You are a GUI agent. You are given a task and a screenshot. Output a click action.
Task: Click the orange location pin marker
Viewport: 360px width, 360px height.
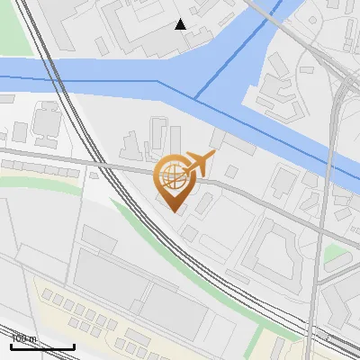(x=172, y=184)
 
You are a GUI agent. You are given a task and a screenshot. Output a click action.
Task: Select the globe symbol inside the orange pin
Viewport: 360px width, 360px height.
(x=171, y=175)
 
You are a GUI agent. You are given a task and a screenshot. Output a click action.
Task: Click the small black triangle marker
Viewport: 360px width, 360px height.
(x=181, y=24)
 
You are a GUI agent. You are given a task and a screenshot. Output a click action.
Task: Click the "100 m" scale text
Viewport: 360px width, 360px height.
(x=24, y=339)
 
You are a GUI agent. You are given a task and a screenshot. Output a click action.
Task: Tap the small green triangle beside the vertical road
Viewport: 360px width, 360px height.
(x=334, y=256)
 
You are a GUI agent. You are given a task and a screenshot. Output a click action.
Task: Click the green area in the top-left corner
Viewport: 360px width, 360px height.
(x=11, y=31)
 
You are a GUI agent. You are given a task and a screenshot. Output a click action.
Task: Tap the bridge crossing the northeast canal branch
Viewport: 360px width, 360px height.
(x=274, y=22)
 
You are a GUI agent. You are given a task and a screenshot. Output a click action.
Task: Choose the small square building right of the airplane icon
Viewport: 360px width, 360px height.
(x=231, y=171)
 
